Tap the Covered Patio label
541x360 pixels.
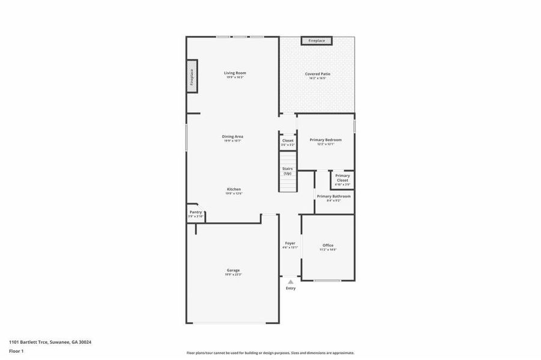(318, 74)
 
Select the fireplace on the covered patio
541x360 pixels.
(317, 41)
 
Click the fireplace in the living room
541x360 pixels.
(192, 76)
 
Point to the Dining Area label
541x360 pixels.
(232, 137)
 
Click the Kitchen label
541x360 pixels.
(234, 190)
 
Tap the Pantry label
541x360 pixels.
(196, 212)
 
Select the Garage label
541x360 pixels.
(233, 271)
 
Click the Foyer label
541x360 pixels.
(290, 244)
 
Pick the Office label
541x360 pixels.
(328, 245)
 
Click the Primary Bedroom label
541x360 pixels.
(325, 140)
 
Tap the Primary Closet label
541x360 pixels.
(342, 178)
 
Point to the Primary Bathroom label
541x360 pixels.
(334, 197)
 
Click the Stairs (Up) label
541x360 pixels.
(288, 171)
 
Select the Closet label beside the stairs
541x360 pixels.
(288, 141)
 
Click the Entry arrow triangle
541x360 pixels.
(291, 281)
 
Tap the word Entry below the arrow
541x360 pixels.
(291, 289)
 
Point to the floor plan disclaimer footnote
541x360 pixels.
(270, 353)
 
